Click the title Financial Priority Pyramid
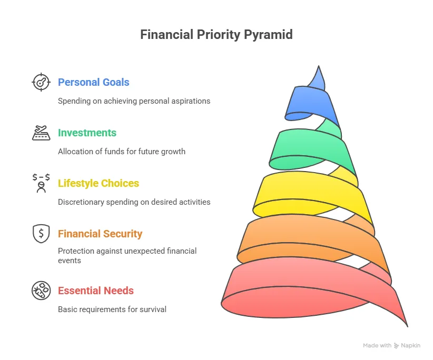tap(216, 35)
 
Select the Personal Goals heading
tap(93, 82)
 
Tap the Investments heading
tap(87, 133)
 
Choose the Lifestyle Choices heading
tap(99, 183)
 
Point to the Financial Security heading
tap(100, 234)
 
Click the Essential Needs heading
tap(95, 291)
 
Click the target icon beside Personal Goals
tap(41, 82)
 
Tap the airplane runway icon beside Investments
tap(41, 133)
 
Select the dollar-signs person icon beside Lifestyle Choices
tap(41, 183)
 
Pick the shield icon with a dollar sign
tap(41, 234)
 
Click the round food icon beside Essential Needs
tap(41, 291)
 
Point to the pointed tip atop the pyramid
tap(319, 66)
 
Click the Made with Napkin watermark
tap(391, 345)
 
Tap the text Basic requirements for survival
tap(112, 309)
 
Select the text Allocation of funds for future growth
tap(122, 152)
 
